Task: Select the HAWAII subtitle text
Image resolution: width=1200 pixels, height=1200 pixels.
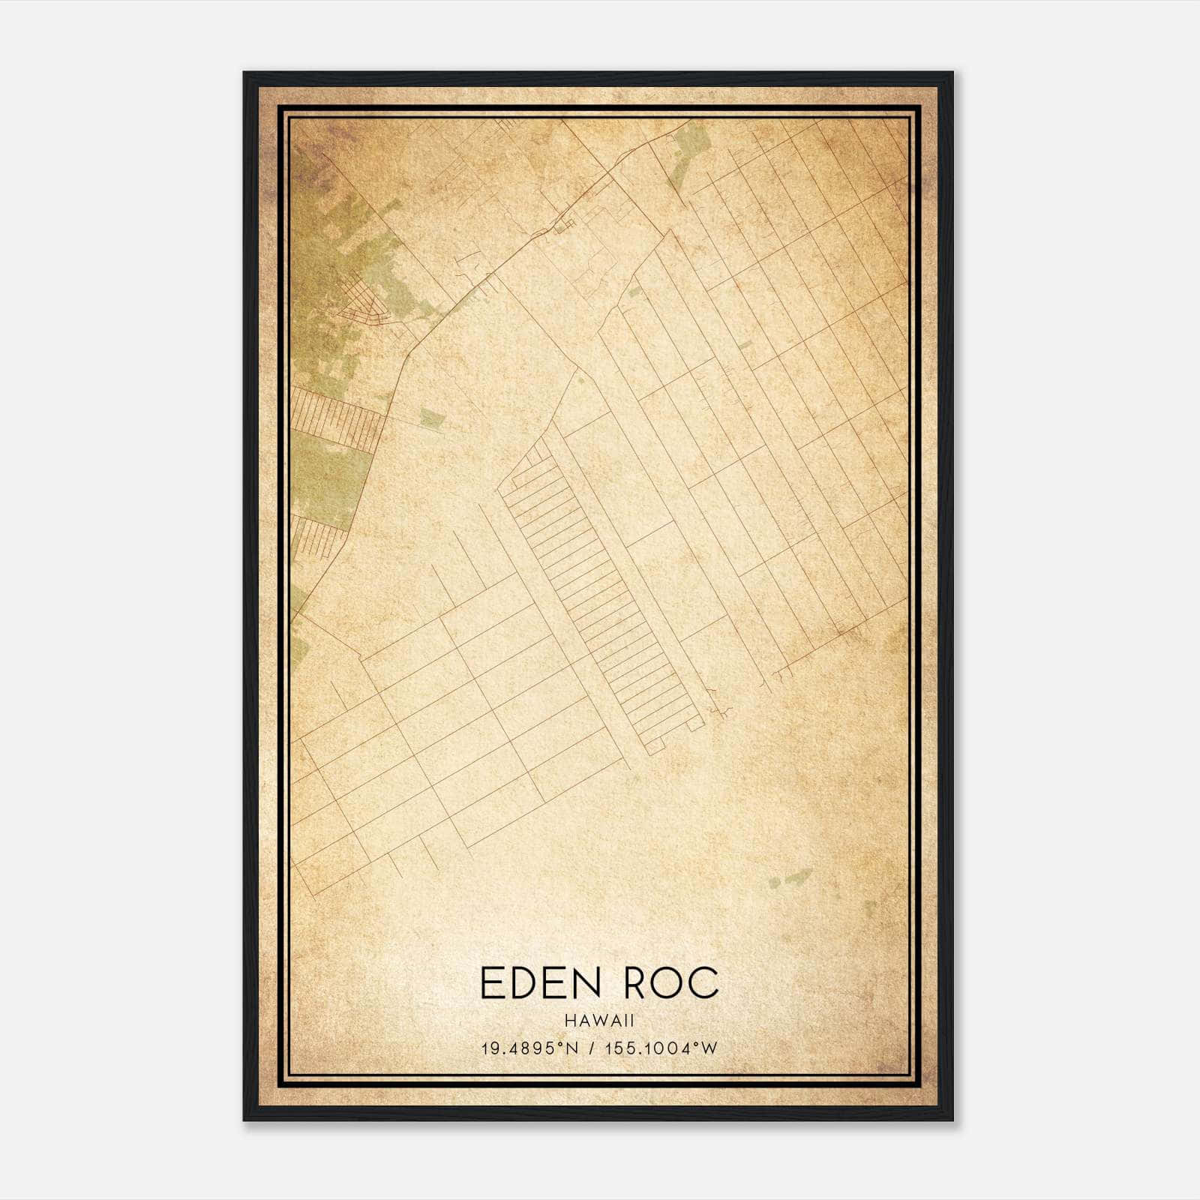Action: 600,1021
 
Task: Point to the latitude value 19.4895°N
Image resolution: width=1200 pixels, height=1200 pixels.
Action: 529,1048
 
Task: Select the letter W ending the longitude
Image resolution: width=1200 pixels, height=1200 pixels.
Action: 709,1048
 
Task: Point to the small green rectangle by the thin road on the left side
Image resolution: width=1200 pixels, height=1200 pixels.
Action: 431,418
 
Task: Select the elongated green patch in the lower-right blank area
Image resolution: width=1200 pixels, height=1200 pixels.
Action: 789,878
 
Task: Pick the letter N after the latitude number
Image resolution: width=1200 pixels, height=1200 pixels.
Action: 572,1048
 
